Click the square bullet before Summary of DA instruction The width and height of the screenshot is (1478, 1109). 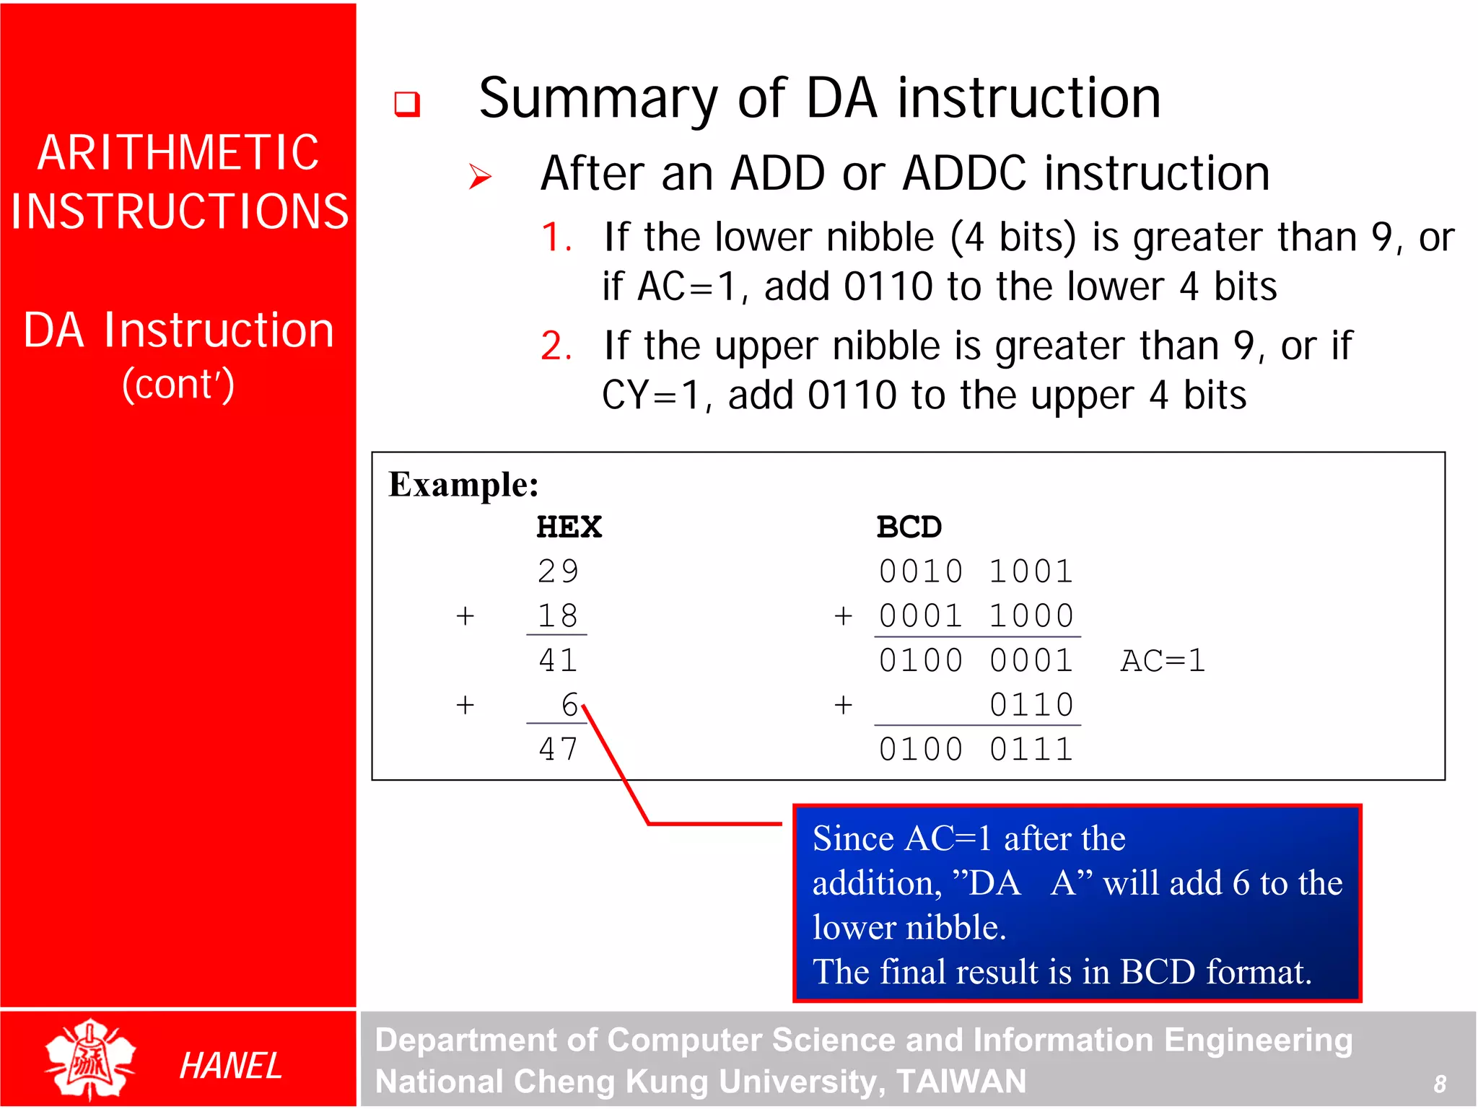tap(407, 104)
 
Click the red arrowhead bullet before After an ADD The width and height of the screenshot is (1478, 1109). tap(479, 176)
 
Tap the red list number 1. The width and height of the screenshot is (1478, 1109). tap(556, 238)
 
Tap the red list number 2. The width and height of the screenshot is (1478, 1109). tap(556, 346)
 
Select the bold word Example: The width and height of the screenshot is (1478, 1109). tap(463, 484)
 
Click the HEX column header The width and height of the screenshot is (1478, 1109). tap(569, 527)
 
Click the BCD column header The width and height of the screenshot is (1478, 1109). tap(909, 527)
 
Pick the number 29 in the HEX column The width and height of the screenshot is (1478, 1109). tap(558, 571)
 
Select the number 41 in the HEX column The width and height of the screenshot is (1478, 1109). tap(558, 660)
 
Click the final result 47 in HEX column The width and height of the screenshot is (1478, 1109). tap(558, 749)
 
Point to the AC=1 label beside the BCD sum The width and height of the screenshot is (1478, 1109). tap(1163, 660)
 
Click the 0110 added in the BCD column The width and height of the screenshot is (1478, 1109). tap(1031, 705)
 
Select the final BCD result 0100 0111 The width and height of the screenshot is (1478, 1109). tap(976, 749)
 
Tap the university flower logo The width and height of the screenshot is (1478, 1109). tap(90, 1059)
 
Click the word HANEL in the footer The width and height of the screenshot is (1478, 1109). tap(230, 1066)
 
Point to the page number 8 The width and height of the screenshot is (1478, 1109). tap(1439, 1083)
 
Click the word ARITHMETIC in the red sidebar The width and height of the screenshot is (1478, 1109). tap(178, 153)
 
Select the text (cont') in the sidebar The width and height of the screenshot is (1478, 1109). tap(178, 384)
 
